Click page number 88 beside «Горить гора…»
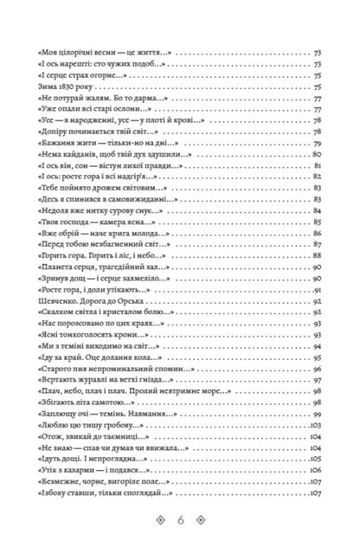coord(318,254)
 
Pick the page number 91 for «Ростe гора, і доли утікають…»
coord(318,289)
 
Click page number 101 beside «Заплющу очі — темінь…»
coord(318,414)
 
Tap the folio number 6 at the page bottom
coord(180,522)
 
